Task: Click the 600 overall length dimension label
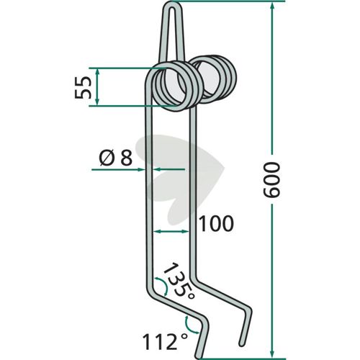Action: pos(271,180)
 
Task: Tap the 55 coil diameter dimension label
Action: pos(83,88)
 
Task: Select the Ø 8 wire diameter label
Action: pos(116,158)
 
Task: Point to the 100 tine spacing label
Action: pos(216,224)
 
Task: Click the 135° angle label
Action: pos(179,282)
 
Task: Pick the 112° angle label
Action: pos(165,343)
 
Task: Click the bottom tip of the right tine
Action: pos(241,343)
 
